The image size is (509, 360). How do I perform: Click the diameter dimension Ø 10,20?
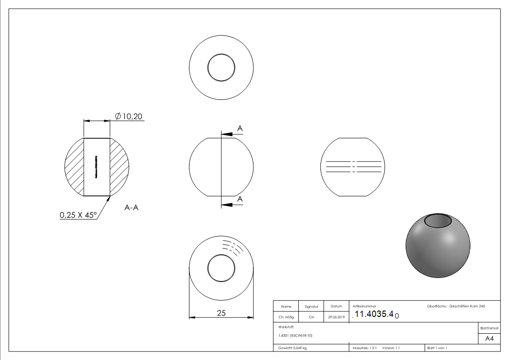(x=129, y=117)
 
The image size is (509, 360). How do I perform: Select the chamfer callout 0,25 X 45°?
(x=78, y=215)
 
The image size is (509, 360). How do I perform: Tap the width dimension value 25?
(x=221, y=313)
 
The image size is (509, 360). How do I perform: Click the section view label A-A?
(x=131, y=208)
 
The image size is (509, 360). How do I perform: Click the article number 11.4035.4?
(x=374, y=314)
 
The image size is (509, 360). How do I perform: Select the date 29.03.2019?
(x=336, y=317)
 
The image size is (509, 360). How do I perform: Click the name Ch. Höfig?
(x=286, y=317)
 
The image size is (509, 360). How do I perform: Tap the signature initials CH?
(x=311, y=317)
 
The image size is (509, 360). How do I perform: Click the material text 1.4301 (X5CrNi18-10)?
(x=296, y=336)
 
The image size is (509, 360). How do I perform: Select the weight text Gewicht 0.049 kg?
(x=292, y=348)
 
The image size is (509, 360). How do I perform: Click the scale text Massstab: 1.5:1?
(x=365, y=348)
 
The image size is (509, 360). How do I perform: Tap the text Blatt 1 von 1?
(x=437, y=348)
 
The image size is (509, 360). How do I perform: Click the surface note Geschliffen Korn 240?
(x=467, y=306)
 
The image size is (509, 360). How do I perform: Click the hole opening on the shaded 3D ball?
(x=438, y=221)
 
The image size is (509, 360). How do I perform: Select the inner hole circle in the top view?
(x=221, y=68)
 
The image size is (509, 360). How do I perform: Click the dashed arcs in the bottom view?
(x=233, y=248)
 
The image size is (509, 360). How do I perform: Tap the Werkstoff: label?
(x=286, y=326)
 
